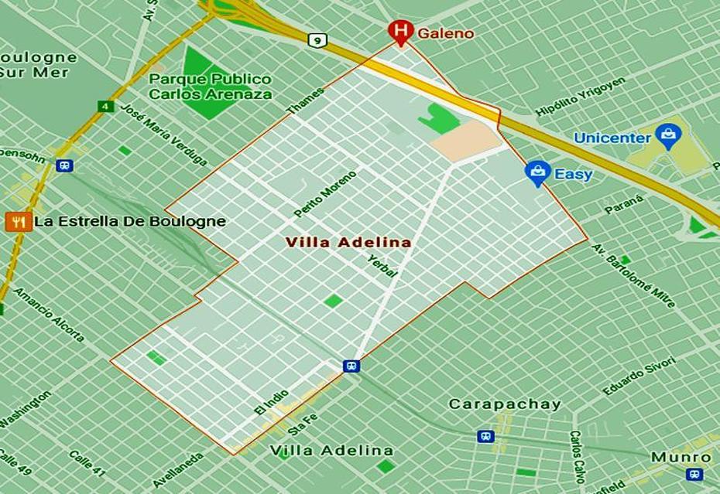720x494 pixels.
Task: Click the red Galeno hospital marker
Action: point(400,32)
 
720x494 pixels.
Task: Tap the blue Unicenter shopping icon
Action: point(667,137)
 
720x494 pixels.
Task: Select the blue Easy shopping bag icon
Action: point(536,173)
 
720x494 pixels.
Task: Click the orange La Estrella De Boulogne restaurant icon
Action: point(18,222)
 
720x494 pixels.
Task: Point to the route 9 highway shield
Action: point(316,40)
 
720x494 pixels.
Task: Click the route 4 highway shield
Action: point(104,106)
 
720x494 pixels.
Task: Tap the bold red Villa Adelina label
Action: point(348,243)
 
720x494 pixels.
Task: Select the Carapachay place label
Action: point(504,404)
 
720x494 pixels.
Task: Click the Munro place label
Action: point(681,457)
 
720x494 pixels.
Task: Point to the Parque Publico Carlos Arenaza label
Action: point(211,87)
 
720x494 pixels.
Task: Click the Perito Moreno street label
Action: point(325,194)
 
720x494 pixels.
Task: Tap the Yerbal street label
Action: point(382,265)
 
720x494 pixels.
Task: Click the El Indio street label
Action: point(270,402)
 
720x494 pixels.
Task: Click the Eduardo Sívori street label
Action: point(639,376)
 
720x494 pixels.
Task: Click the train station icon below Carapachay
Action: point(485,437)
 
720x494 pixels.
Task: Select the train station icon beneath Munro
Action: point(694,474)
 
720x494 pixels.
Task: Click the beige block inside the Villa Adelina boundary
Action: point(465,141)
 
